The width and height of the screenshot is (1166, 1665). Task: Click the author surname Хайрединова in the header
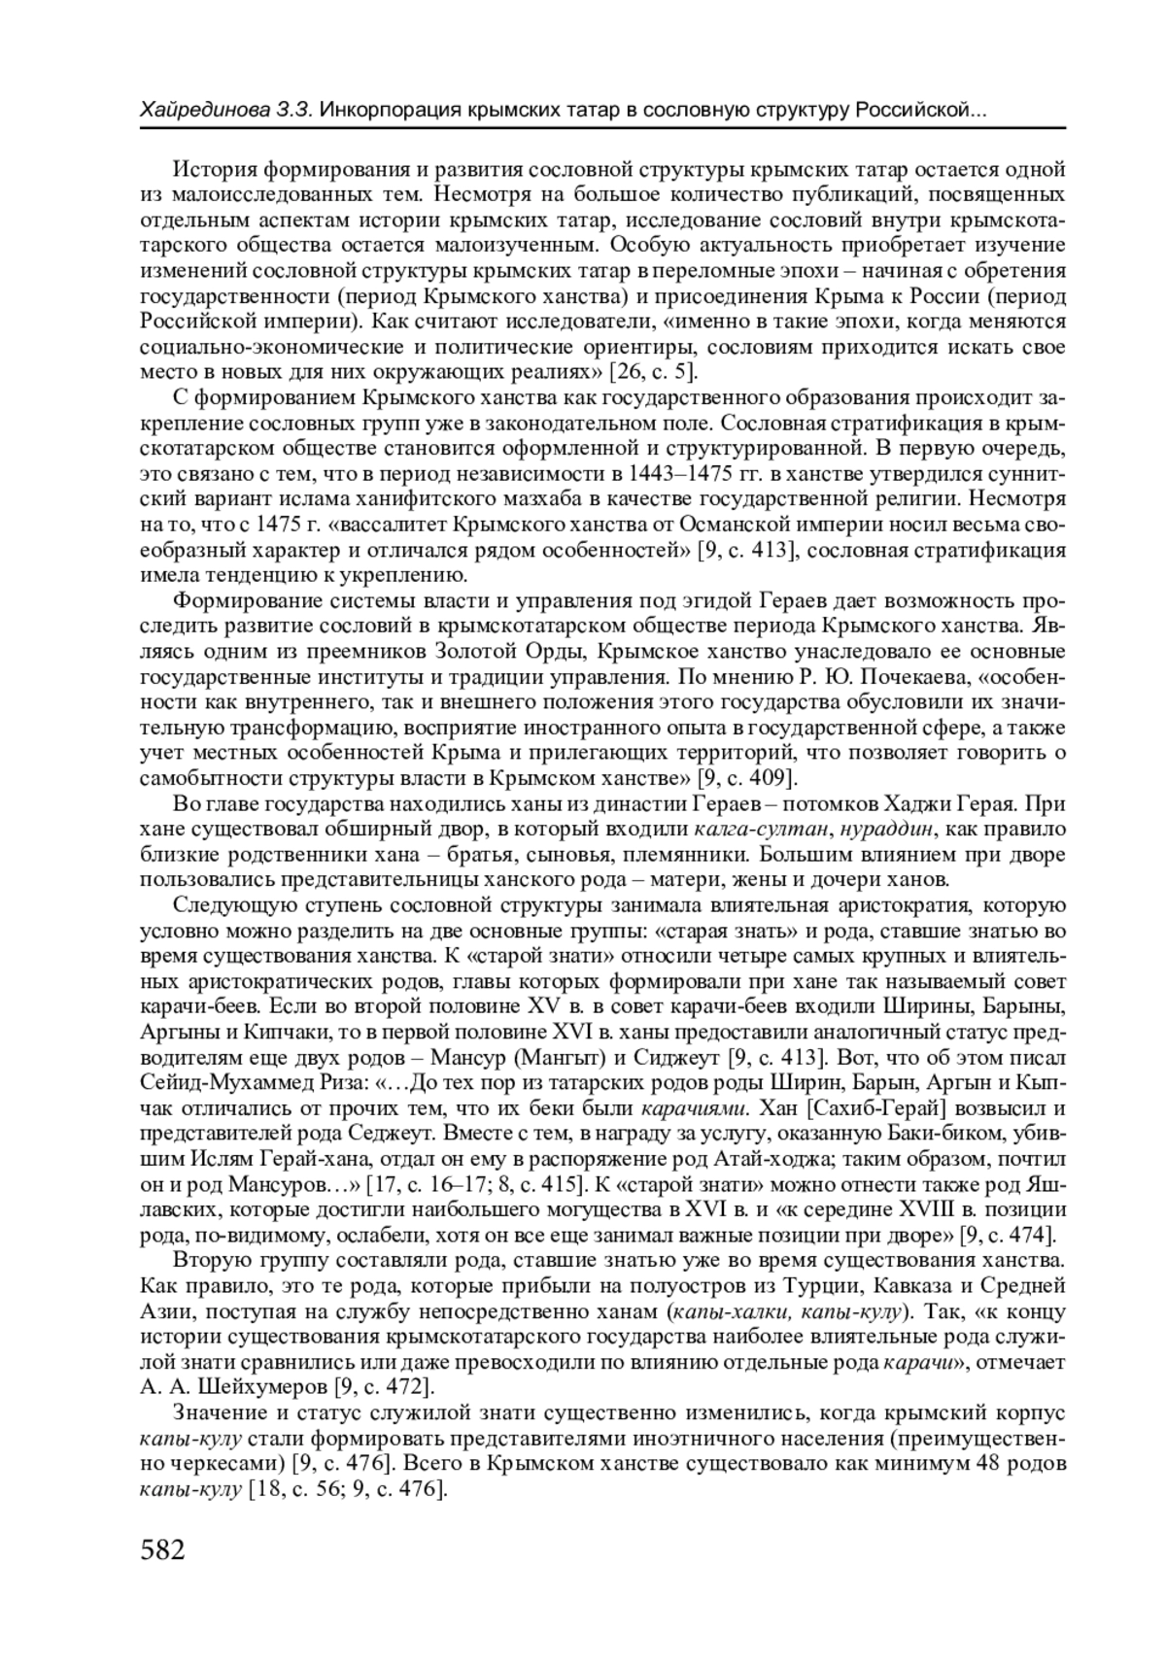201,110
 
